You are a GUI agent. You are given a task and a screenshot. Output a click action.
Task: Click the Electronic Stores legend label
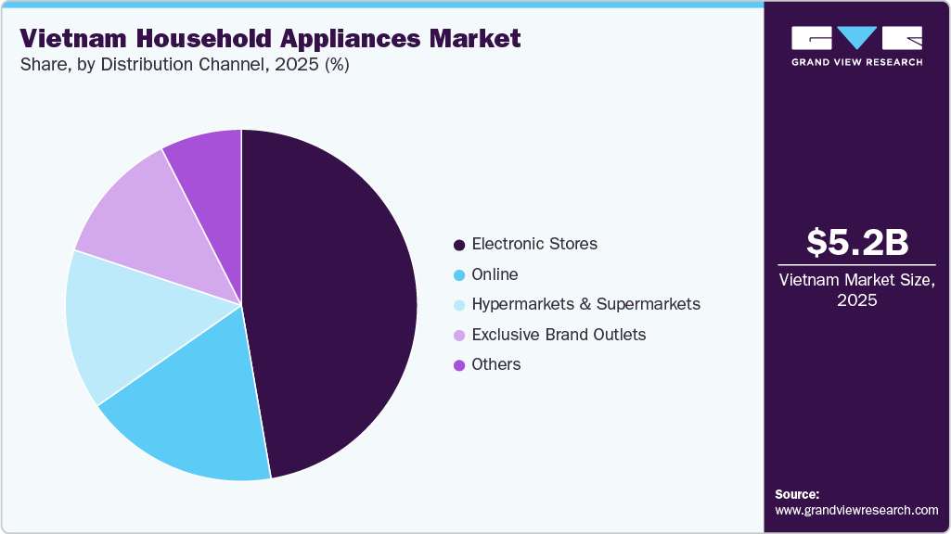534,245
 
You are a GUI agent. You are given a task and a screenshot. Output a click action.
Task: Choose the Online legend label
495,274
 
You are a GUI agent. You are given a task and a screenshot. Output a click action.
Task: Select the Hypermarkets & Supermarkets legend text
585,304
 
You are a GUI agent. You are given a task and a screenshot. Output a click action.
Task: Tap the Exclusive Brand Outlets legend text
559,335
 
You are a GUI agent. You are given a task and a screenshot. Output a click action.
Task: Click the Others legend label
495,364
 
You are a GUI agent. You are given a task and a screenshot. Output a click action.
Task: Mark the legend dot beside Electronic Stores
458,246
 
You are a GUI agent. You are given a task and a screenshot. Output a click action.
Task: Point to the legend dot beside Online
458,275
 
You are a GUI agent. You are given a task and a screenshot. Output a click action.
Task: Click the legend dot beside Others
458,365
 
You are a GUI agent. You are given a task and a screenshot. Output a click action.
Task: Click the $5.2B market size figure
857,242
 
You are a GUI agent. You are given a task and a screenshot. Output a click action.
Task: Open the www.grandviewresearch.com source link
856,510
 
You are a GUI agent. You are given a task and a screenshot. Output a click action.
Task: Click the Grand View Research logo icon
856,38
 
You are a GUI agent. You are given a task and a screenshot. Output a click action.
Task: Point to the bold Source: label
797,494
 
